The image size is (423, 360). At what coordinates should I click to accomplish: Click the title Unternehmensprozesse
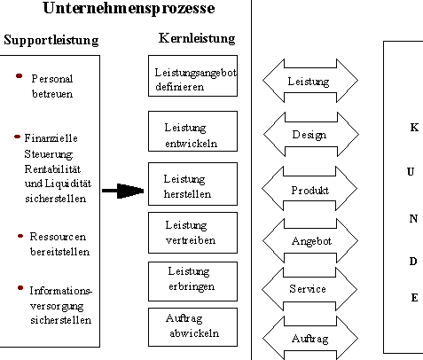129,8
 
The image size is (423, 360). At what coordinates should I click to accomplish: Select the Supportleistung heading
51,40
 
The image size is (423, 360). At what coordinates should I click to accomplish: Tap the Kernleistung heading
197,38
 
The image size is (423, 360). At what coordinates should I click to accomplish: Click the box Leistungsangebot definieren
192,75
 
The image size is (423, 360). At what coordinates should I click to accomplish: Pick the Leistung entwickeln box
192,131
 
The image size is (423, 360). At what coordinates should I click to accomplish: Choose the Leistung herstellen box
192,184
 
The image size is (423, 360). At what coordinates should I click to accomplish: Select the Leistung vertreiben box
192,232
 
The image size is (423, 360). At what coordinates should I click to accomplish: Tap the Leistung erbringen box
192,281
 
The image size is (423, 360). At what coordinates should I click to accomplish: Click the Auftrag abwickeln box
192,327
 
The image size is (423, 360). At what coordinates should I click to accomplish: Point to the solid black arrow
123,191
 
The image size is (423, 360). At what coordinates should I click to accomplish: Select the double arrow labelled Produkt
309,189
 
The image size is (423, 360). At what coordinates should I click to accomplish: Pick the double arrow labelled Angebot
310,240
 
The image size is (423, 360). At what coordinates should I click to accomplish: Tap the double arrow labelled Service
309,289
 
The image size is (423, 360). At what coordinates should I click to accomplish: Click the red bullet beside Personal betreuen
19,76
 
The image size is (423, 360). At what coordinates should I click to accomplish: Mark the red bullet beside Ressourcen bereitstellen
20,236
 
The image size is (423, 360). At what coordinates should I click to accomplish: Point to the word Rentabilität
52,169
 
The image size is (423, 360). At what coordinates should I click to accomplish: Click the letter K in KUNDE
414,128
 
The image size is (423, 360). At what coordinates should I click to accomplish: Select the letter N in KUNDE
413,219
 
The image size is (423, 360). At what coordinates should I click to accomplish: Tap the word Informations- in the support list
61,291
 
